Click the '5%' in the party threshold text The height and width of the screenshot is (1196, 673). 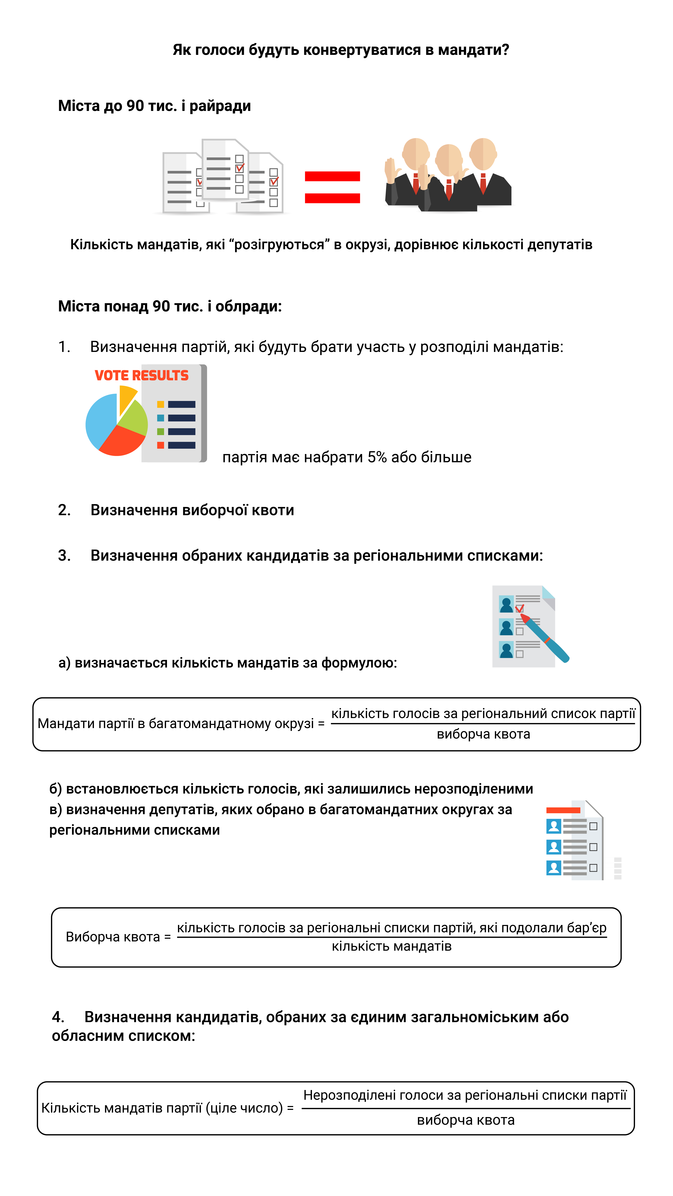click(377, 457)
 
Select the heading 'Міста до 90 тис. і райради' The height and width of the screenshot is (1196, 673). click(154, 106)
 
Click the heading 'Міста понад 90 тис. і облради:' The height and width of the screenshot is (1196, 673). click(170, 306)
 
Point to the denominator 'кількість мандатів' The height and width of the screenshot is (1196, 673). click(392, 946)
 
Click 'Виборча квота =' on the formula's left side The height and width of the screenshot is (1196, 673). click(118, 937)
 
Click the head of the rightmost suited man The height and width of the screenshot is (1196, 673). click(483, 153)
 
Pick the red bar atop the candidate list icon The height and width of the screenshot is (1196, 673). click(563, 810)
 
